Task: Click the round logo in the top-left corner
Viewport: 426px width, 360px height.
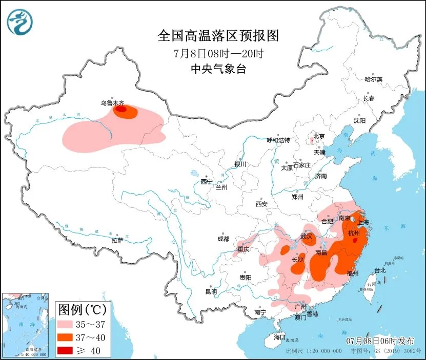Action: click(x=19, y=21)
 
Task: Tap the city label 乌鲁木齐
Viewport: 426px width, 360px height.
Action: click(x=112, y=103)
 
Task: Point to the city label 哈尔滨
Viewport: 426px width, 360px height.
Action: click(x=373, y=79)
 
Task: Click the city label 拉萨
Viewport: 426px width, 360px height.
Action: click(x=117, y=240)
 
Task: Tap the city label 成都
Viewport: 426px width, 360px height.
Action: click(x=223, y=239)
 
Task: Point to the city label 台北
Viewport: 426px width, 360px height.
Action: click(x=379, y=270)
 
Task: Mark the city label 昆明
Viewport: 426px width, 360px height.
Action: click(x=211, y=291)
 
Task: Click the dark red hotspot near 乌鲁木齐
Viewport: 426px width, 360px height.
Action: click(x=120, y=109)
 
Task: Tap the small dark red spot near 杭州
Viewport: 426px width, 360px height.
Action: click(x=355, y=239)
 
